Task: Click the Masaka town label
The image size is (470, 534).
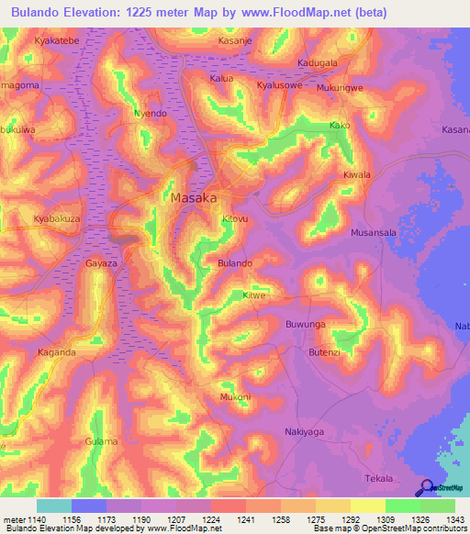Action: (x=194, y=197)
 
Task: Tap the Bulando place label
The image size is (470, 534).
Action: (x=234, y=263)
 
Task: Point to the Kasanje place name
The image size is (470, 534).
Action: (x=237, y=42)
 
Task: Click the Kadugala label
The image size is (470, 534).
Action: (x=318, y=62)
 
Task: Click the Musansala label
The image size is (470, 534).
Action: (x=374, y=233)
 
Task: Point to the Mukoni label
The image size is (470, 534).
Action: (x=235, y=397)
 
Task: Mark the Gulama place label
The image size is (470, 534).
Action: (x=101, y=441)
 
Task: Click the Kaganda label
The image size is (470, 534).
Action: (x=56, y=352)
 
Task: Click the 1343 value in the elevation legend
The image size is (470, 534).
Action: (x=443, y=518)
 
